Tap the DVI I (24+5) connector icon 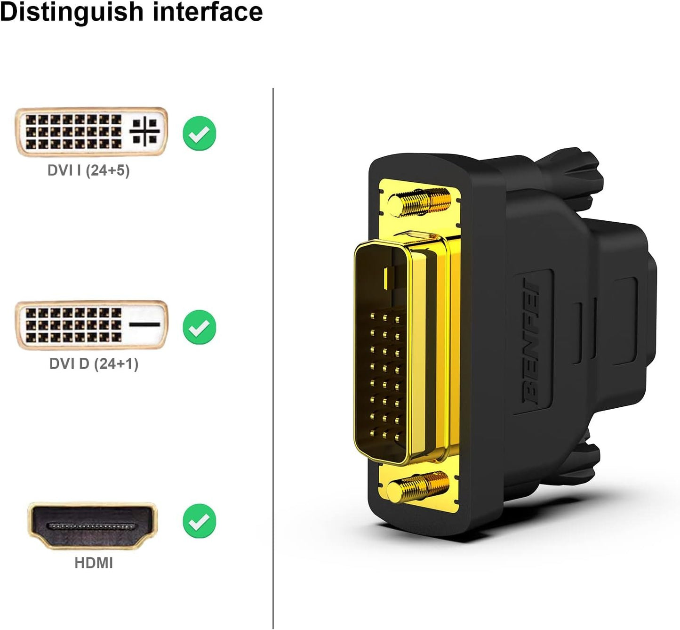[92, 132]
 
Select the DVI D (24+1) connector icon [92, 325]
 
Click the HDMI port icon [93, 525]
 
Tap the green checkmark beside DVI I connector [200, 133]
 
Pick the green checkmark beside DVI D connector [200, 327]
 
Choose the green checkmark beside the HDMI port [200, 521]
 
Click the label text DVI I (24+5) [88, 170]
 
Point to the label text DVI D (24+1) [94, 363]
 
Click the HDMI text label [94, 563]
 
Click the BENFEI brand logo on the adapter [532, 342]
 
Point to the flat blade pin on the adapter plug [387, 279]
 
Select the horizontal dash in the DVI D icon [144, 324]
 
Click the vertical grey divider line [273, 358]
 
